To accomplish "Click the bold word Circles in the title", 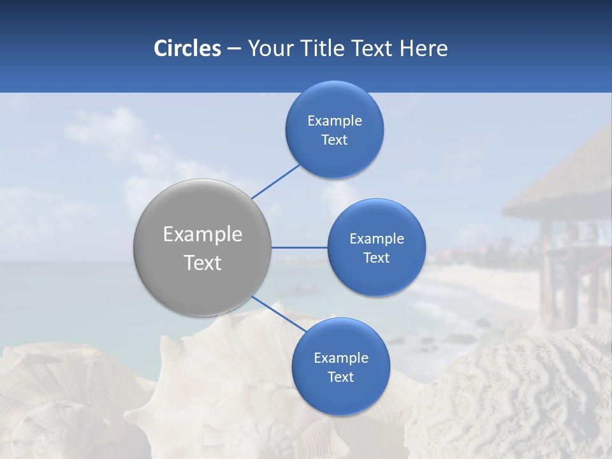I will click(187, 48).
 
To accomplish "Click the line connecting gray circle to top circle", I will click(276, 181).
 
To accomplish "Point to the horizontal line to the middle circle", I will click(299, 247).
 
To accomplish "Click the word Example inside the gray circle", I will click(203, 235).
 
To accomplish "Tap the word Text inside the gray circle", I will click(203, 263).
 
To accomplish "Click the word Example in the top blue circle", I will click(335, 121).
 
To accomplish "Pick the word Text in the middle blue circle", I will click(376, 258).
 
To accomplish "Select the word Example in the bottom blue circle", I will click(341, 358).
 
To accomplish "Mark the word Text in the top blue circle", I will click(334, 140).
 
